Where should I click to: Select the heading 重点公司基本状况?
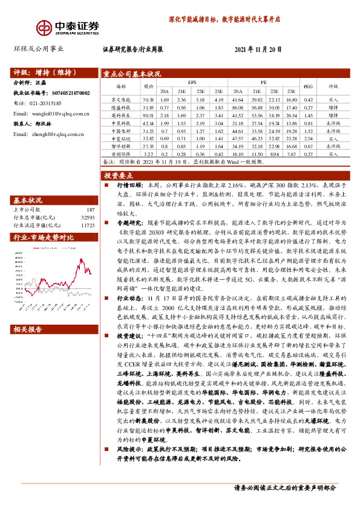coord(132,74)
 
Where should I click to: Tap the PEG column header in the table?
coord(308,86)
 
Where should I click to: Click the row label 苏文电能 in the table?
coord(121,99)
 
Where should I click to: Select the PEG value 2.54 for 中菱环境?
coord(308,138)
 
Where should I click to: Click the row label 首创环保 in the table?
coord(121,154)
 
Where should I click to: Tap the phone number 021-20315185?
coord(46,103)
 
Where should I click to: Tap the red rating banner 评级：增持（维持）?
coord(43,70)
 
